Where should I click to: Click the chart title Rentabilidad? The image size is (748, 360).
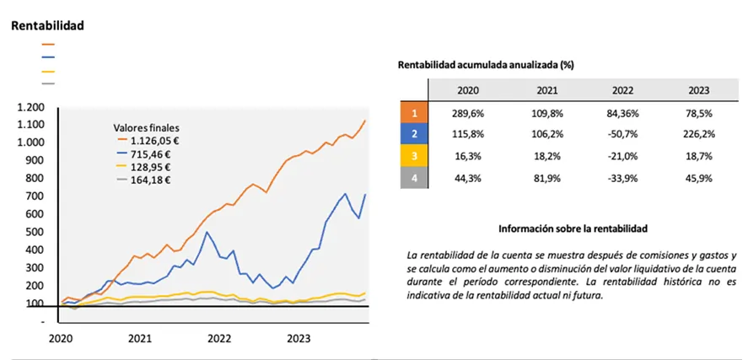tap(47, 25)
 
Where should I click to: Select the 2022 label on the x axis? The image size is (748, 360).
tap(219, 339)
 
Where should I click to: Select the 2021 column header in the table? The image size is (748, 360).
tap(546, 90)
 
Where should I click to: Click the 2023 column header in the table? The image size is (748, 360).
tap(699, 90)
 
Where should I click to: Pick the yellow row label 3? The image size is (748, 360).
tap(414, 156)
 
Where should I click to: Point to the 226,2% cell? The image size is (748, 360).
tap(699, 134)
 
